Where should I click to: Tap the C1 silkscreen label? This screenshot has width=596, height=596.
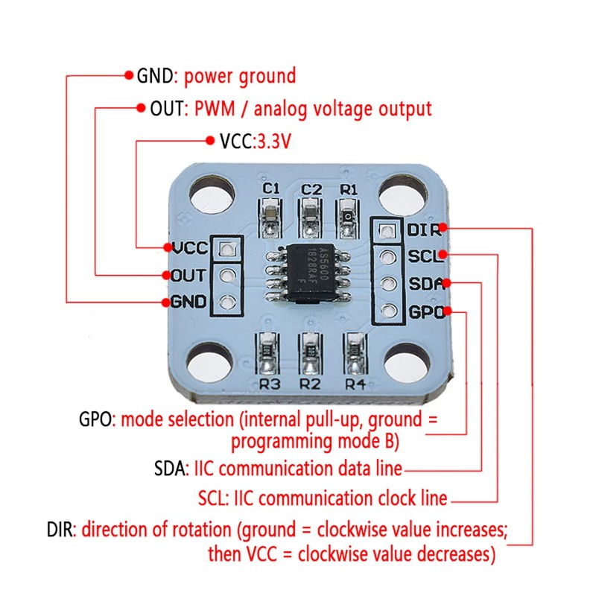271,189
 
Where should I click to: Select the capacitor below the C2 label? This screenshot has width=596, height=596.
310,217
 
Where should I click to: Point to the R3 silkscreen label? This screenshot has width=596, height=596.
270,384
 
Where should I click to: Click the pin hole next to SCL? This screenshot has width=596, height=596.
386,258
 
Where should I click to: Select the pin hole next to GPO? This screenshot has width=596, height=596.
386,310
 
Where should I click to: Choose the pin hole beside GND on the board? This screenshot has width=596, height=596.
226,302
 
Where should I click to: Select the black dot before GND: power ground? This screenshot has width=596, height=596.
127,75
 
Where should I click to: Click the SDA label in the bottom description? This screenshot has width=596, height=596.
171,469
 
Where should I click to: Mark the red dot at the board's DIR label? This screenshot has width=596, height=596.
443,228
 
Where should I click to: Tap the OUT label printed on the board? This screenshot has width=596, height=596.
189,276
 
